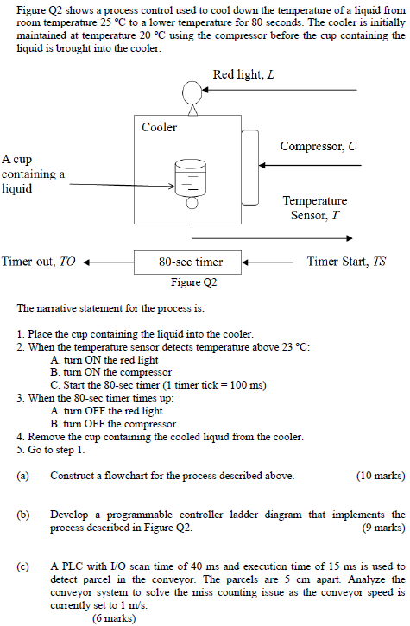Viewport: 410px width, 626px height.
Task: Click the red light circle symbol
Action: click(x=192, y=92)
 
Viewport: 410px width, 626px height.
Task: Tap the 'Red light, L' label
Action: click(x=243, y=74)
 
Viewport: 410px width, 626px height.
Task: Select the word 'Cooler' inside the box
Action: click(x=159, y=127)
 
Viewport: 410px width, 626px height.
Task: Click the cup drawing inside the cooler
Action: click(x=191, y=177)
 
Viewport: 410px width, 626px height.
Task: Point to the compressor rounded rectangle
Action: click(x=250, y=168)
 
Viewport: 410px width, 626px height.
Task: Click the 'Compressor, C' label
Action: click(x=319, y=146)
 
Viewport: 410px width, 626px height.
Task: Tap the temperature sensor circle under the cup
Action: click(x=192, y=203)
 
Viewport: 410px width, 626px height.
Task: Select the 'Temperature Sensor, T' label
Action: click(x=315, y=207)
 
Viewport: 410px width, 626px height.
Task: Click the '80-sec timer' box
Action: click(x=187, y=262)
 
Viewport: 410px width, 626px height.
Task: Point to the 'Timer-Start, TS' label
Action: click(x=346, y=262)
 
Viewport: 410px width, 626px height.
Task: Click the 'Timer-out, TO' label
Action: click(x=38, y=262)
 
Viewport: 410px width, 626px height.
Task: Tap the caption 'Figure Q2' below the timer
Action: click(x=194, y=282)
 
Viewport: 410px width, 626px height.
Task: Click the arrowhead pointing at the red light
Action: click(x=205, y=90)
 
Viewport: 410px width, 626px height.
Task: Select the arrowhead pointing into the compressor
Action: click(x=262, y=165)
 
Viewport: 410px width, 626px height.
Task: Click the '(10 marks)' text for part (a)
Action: click(x=381, y=476)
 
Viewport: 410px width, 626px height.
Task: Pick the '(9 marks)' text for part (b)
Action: click(x=383, y=528)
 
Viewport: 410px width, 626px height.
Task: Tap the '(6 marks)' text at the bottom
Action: click(x=114, y=618)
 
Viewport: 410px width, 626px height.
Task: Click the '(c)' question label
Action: click(x=22, y=566)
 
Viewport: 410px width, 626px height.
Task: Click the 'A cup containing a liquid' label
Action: click(x=33, y=174)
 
